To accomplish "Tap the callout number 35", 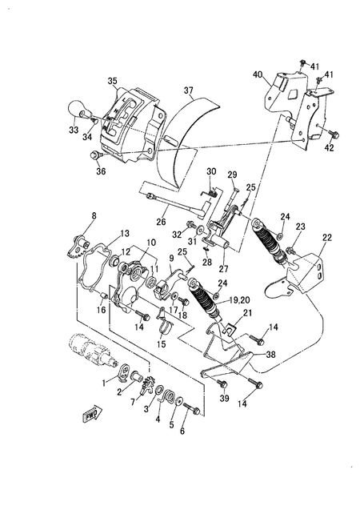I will [111, 81].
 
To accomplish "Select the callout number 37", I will [189, 89].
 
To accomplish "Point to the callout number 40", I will [258, 74].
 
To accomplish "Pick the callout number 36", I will [100, 170].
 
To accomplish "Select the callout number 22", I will [326, 238].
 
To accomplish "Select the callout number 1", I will [103, 384].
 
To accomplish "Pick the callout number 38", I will [270, 355].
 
